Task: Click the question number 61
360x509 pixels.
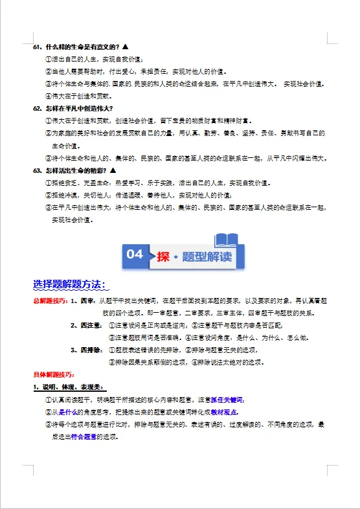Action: [37, 48]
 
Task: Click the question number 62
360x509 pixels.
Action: [37, 107]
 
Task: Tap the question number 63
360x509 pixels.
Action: [37, 170]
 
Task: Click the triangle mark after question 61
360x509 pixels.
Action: [124, 48]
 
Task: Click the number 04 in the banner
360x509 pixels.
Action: [135, 254]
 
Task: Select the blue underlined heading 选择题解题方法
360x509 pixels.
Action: [71, 285]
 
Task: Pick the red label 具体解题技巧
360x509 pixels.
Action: [54, 374]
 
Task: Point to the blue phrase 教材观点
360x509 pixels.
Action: [223, 412]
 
